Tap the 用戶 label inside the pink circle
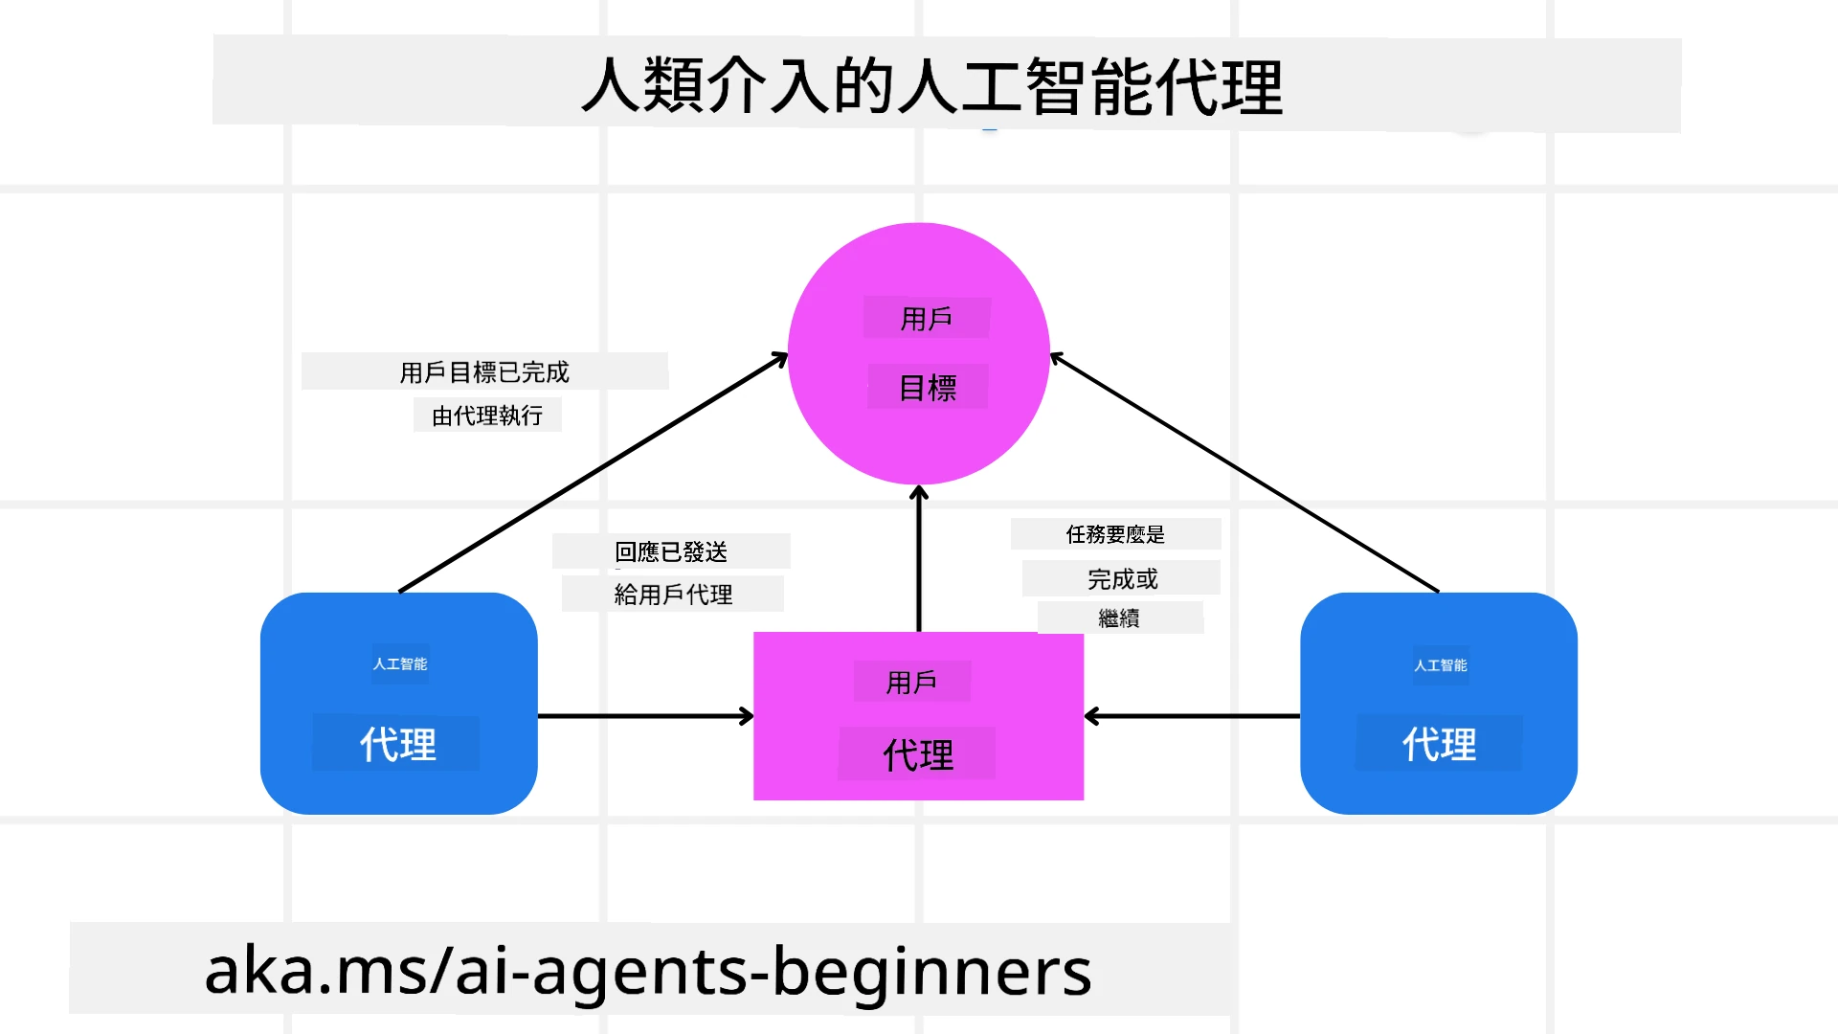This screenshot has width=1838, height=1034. (x=926, y=319)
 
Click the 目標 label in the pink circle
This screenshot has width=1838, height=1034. (x=928, y=388)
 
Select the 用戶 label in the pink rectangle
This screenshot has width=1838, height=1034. (x=911, y=683)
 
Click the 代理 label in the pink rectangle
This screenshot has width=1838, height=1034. (x=918, y=755)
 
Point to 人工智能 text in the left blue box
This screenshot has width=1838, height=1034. (x=400, y=664)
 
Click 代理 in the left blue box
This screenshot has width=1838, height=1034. (x=397, y=745)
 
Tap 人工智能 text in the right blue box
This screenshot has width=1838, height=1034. (x=1440, y=665)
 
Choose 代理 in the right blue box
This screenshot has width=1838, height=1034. (x=1439, y=744)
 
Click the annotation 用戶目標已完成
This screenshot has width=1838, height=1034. (x=484, y=372)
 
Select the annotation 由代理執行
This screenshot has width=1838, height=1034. (x=487, y=416)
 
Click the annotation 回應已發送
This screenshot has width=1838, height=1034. (x=671, y=552)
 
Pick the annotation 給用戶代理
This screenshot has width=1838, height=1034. (x=673, y=595)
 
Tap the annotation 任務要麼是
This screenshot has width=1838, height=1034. (x=1115, y=534)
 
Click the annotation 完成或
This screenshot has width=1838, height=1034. (x=1122, y=579)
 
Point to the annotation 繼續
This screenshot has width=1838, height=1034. (x=1119, y=618)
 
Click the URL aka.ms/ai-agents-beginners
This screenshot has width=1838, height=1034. (x=648, y=970)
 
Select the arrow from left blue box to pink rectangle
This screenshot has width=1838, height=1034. (x=646, y=716)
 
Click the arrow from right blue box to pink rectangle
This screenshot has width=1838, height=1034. (x=1192, y=716)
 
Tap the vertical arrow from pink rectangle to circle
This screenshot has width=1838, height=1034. (x=919, y=560)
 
